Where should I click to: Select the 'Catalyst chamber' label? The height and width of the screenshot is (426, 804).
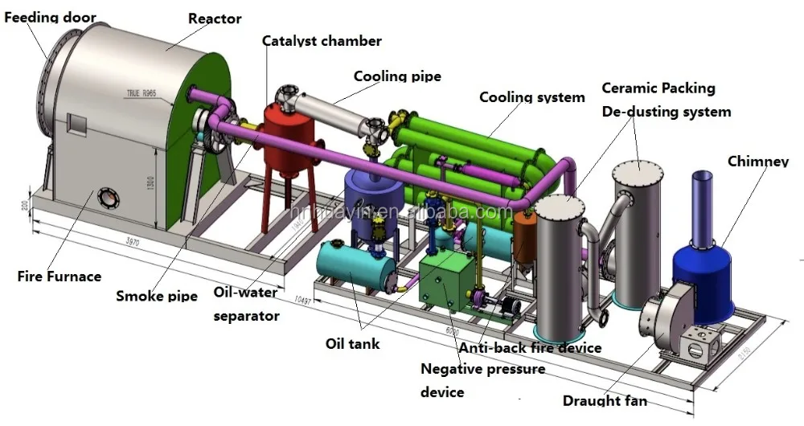[322, 40]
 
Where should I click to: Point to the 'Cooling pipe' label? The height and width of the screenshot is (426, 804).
[397, 76]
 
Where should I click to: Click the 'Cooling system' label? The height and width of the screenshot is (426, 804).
[531, 97]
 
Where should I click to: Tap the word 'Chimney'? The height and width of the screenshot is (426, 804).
[757, 162]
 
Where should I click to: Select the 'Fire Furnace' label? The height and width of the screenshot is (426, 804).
[59, 276]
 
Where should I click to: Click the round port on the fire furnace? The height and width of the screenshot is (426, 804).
[106, 197]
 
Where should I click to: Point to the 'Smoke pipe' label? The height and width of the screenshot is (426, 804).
[157, 296]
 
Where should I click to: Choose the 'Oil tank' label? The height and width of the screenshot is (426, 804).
[352, 344]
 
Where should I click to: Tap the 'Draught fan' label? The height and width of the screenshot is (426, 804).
[605, 400]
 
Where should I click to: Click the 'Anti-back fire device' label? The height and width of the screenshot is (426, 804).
[530, 348]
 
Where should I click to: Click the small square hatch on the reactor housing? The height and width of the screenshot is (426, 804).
[78, 124]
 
